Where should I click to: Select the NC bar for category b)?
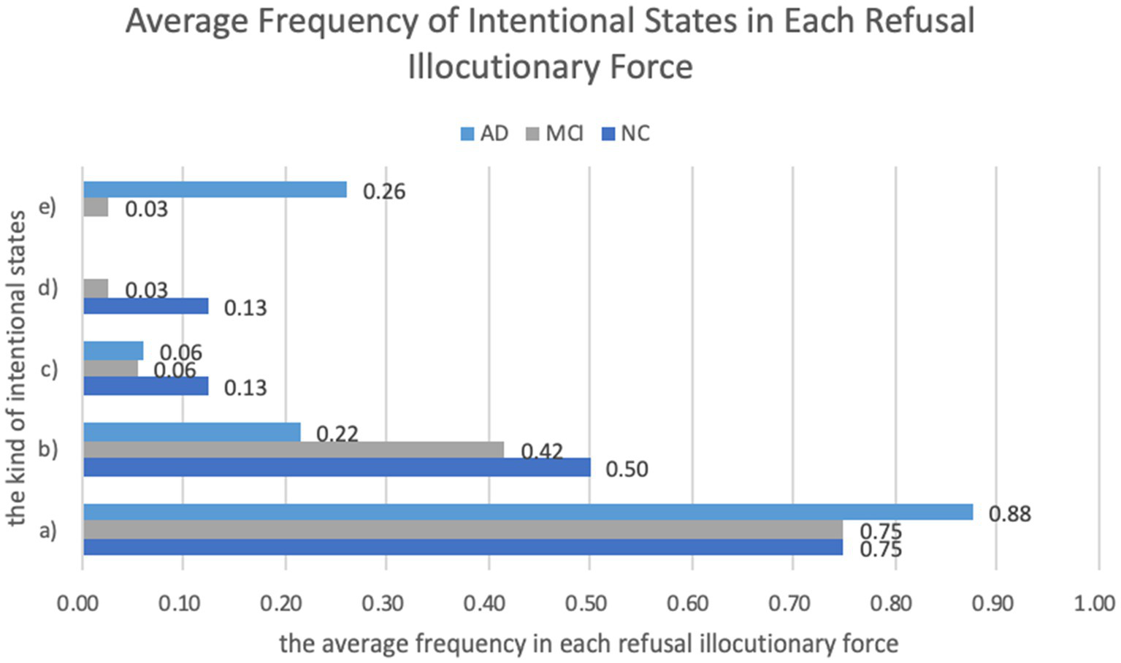coord(337,467)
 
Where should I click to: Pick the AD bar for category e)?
coord(215,190)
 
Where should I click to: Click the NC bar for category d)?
coord(145,306)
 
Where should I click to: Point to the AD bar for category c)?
coord(113,351)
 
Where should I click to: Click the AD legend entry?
coord(484,134)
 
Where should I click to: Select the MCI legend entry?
coord(554,134)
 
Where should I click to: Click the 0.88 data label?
coord(1009,514)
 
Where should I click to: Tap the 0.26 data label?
coord(383,191)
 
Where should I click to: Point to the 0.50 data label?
coord(627,469)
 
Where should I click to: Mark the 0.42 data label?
coord(541,451)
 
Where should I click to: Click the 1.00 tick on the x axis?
coord(1094,604)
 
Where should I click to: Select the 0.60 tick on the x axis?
coord(687,604)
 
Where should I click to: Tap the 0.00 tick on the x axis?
coord(77,604)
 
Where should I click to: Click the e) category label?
coord(47,207)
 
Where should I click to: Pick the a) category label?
coord(47,529)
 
